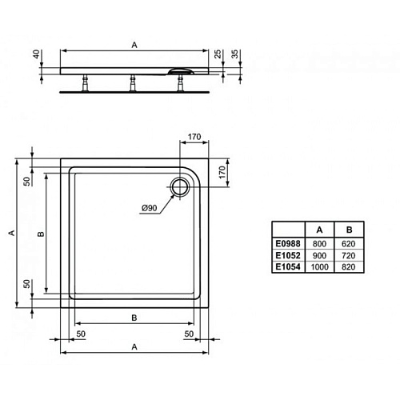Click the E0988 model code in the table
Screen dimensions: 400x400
[x=288, y=244]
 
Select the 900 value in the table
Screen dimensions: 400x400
[x=319, y=255]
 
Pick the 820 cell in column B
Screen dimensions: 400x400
[x=349, y=267]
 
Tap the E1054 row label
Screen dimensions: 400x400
[x=288, y=267]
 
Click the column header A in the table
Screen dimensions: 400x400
[x=319, y=230]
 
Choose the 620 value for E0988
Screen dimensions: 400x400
[x=349, y=244]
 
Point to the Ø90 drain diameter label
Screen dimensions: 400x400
[x=150, y=208]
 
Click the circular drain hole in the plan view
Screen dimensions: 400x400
[x=181, y=186]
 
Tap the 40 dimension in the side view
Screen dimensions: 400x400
[x=37, y=54]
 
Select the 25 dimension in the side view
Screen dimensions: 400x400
[x=218, y=54]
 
